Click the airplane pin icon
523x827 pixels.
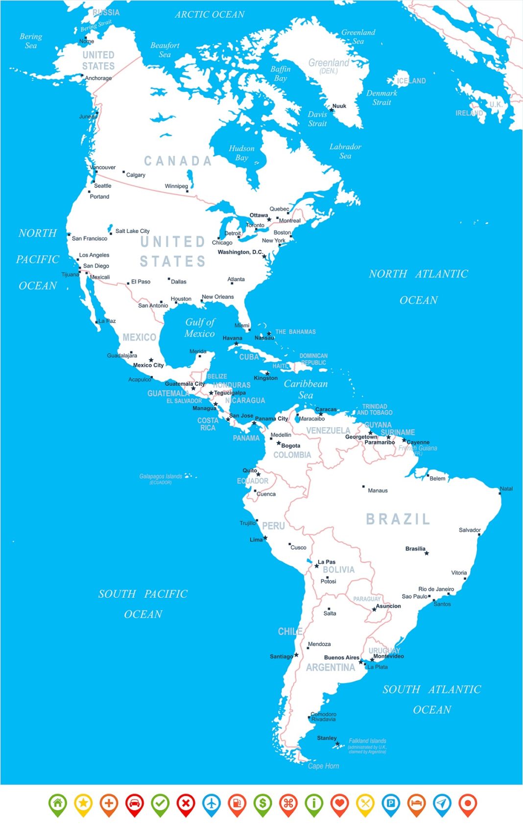[x=211, y=803]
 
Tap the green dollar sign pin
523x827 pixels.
[x=262, y=803]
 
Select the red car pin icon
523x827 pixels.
[x=135, y=803]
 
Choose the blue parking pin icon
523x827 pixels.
[x=390, y=803]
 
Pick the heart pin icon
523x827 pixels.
[x=339, y=803]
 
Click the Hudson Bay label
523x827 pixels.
[x=241, y=153]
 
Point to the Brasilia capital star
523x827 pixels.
[x=427, y=553]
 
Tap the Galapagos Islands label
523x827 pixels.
[x=161, y=477]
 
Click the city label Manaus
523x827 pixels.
[x=378, y=490]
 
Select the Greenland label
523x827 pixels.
[x=329, y=63]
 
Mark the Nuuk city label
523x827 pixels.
[x=339, y=106]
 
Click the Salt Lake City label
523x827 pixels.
[x=132, y=231]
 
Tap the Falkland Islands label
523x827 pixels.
[x=367, y=741]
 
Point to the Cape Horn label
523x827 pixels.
[x=323, y=766]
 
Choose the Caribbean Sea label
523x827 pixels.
[x=306, y=389]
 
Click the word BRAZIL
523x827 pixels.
[x=398, y=519]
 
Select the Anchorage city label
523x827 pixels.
[x=98, y=78]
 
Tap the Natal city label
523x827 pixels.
[x=506, y=488]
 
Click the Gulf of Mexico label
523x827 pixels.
[x=200, y=328]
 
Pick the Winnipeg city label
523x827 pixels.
[x=176, y=186]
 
